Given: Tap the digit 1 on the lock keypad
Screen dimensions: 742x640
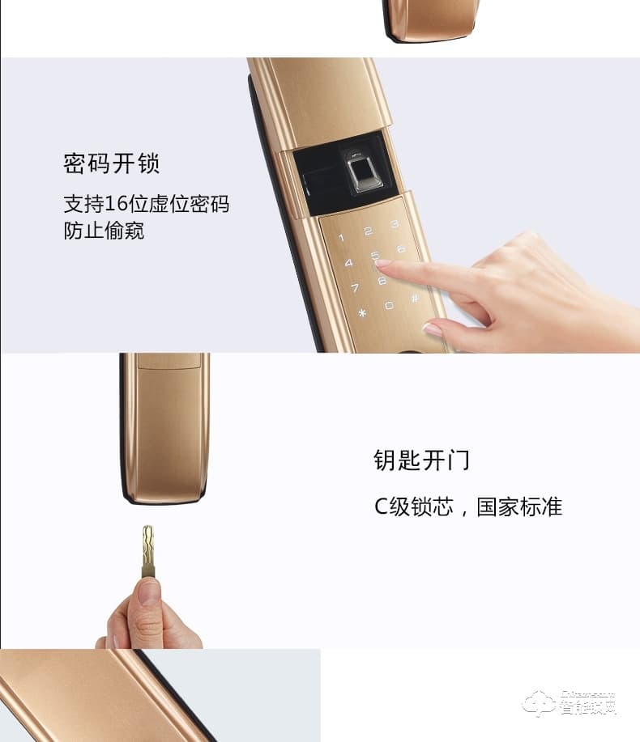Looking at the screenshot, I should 341,238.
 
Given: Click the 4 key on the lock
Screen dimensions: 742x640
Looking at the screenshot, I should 348,263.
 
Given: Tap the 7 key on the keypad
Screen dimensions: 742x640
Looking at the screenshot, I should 355,287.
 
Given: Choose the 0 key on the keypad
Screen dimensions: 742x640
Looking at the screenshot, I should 389,305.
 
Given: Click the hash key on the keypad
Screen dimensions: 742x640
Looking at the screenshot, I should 415,298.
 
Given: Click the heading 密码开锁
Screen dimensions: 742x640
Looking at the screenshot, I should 112,163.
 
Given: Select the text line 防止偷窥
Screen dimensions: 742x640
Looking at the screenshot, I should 104,231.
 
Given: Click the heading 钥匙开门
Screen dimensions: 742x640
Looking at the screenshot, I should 421,460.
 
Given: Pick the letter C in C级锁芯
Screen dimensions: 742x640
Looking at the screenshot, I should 382,507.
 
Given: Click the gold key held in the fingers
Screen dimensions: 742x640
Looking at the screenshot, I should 148,550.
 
